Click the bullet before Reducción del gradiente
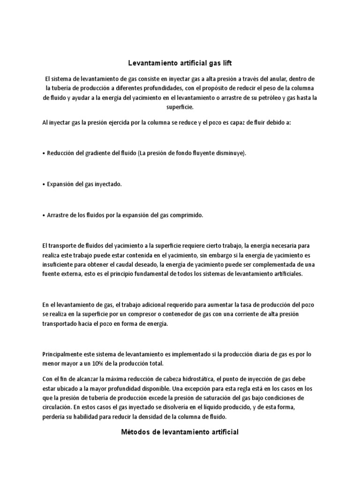(x=43, y=154)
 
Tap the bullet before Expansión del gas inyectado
(x=43, y=184)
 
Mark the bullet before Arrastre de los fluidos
(x=43, y=215)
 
